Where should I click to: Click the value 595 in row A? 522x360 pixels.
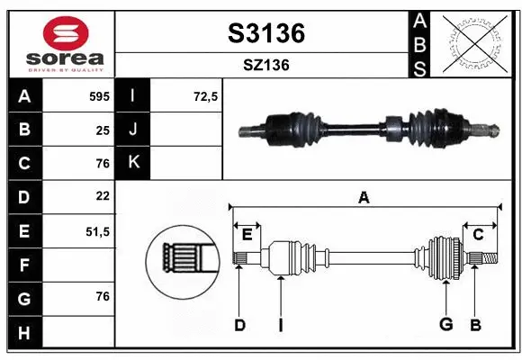pyautogui.click(x=98, y=96)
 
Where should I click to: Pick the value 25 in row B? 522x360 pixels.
pyautogui.click(x=102, y=130)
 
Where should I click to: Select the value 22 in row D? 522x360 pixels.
pyautogui.click(x=102, y=196)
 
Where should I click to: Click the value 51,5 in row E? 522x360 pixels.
pyautogui.click(x=96, y=230)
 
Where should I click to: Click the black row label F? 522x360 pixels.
pyautogui.click(x=23, y=265)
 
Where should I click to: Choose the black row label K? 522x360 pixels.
pyautogui.click(x=133, y=163)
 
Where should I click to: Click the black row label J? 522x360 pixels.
pyautogui.click(x=133, y=130)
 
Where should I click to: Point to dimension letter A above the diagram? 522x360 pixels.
pyautogui.click(x=364, y=198)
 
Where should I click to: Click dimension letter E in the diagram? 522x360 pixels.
pyautogui.click(x=247, y=235)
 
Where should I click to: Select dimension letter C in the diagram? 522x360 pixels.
pyautogui.click(x=478, y=234)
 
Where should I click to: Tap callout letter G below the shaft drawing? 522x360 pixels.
pyautogui.click(x=445, y=324)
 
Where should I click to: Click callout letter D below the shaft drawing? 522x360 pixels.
pyautogui.click(x=239, y=324)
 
